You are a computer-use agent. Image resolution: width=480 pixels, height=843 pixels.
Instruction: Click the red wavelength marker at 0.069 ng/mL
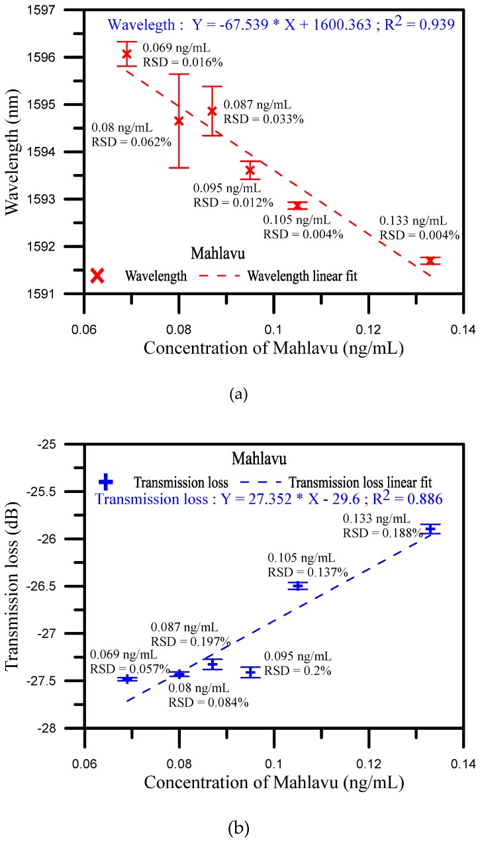pos(126,54)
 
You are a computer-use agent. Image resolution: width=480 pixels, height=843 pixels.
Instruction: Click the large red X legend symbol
pos(97,275)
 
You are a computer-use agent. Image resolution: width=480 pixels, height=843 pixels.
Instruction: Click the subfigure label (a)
pos(238,395)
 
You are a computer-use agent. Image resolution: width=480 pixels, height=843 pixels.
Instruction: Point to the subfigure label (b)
pos(238,828)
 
